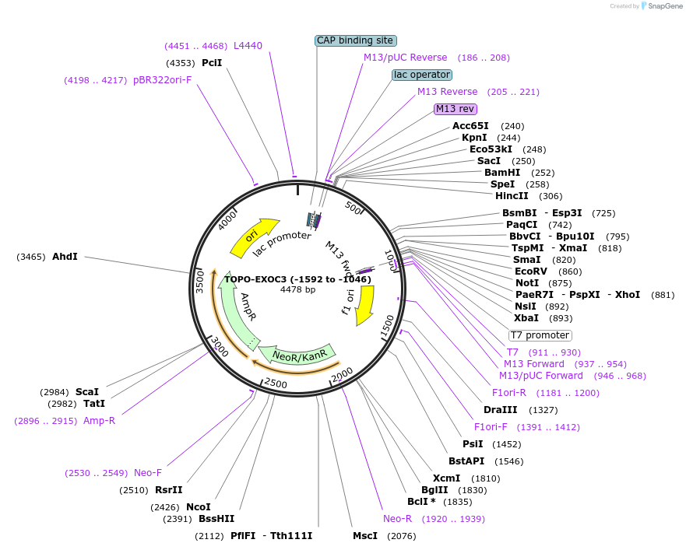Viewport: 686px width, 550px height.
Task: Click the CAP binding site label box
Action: point(356,40)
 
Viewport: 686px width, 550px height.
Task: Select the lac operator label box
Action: point(421,75)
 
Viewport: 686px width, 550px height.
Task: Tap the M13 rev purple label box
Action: point(455,109)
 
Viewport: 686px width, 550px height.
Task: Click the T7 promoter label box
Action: point(540,335)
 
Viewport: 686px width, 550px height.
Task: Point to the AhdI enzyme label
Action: point(65,257)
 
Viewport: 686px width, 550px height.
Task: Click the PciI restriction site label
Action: point(212,63)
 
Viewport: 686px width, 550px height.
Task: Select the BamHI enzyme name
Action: point(502,173)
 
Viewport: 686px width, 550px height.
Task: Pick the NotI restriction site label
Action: point(527,283)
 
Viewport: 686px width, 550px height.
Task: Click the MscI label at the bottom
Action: point(365,536)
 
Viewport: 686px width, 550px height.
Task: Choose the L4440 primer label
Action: point(248,46)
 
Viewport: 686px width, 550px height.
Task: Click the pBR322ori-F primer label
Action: point(163,80)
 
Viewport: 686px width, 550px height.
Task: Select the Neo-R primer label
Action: point(397,519)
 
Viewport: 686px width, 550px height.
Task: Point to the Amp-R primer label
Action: point(100,421)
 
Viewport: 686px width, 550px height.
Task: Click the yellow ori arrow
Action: point(254,236)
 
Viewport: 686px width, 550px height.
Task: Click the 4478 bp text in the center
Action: point(297,290)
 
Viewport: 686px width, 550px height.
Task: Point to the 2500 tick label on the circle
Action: point(276,384)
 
